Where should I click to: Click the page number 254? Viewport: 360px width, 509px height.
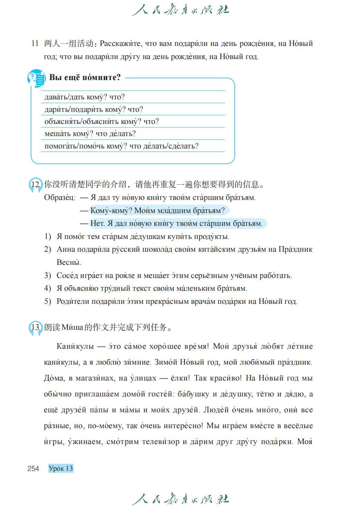(33, 468)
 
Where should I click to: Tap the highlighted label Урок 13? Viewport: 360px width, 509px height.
(61, 468)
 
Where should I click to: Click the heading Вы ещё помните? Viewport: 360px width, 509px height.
(85, 77)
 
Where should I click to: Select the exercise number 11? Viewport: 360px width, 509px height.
(35, 44)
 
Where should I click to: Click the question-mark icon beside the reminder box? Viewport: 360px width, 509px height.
(36, 78)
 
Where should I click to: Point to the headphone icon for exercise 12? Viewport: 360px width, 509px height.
(35, 185)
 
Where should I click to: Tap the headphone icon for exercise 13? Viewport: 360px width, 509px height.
(35, 327)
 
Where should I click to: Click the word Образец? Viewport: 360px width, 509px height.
(59, 198)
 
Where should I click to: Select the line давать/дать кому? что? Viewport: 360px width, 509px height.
(85, 97)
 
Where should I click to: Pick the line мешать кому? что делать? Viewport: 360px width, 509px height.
(90, 134)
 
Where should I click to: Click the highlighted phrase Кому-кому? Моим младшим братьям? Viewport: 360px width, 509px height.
(157, 210)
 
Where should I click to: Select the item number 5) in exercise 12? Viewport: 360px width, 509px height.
(48, 301)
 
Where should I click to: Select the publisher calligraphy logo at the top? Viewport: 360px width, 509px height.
(180, 10)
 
